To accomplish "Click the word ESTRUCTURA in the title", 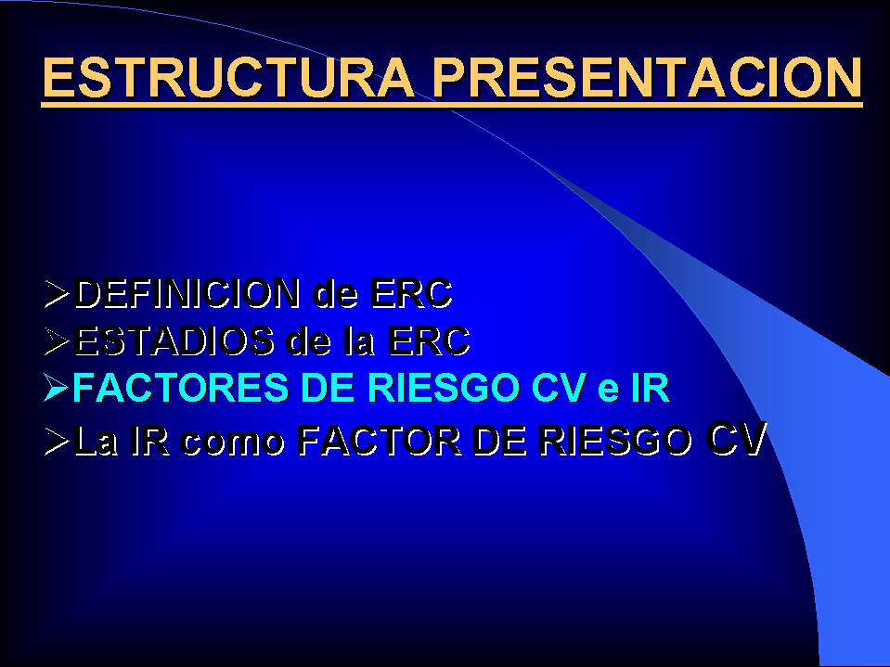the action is pyautogui.click(x=228, y=77).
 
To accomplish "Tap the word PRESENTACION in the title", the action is pyautogui.click(x=647, y=77).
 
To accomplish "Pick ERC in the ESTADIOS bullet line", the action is pyautogui.click(x=429, y=340).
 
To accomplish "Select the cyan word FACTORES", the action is pyautogui.click(x=180, y=388).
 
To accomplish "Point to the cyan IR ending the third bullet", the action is pyautogui.click(x=651, y=388).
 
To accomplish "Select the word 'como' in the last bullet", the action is pyautogui.click(x=233, y=443).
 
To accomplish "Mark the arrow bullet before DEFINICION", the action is pyautogui.click(x=57, y=293).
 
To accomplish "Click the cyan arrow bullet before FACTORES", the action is pyautogui.click(x=57, y=389).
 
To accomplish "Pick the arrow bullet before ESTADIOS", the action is pyautogui.click(x=57, y=340).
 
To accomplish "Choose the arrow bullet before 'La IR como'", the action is pyautogui.click(x=57, y=441).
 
